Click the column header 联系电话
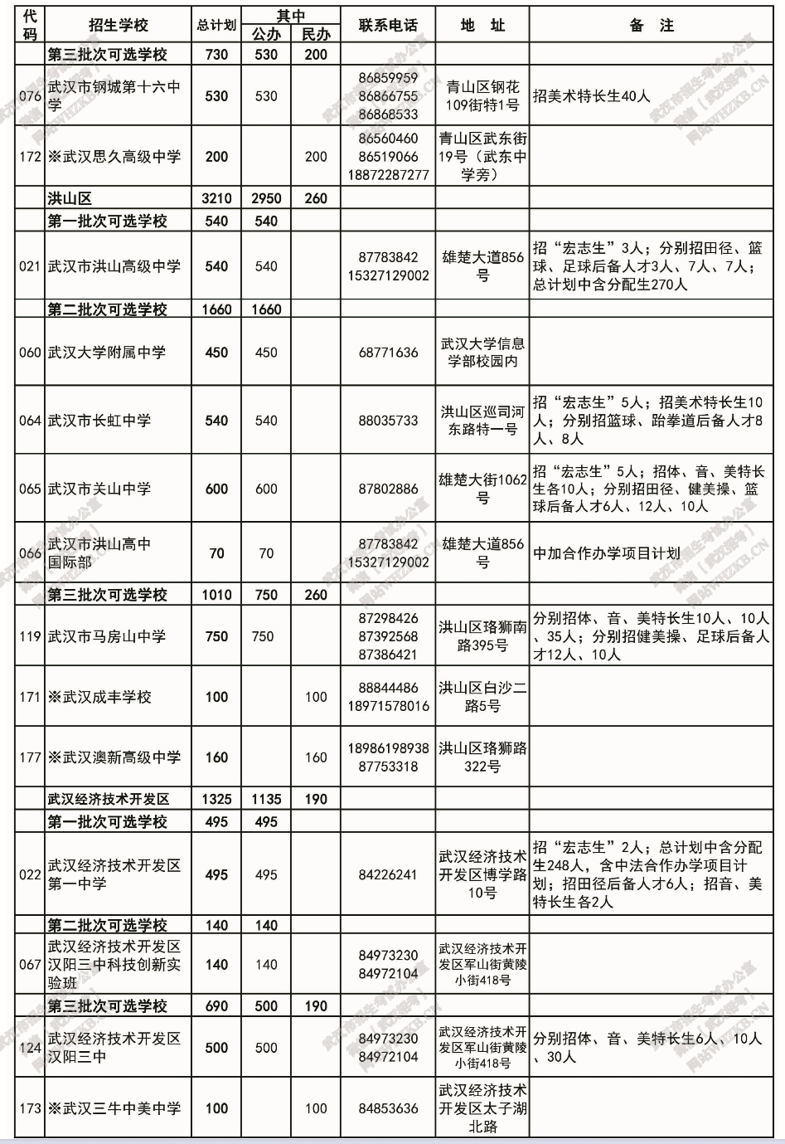click(x=387, y=25)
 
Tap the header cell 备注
click(x=652, y=25)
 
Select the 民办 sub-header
click(x=315, y=34)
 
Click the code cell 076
click(x=30, y=95)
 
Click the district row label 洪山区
click(x=70, y=198)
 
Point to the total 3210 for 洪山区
click(x=216, y=198)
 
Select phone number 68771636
click(x=388, y=353)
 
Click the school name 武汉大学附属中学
click(x=107, y=353)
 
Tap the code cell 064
click(x=30, y=421)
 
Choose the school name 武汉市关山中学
click(x=99, y=489)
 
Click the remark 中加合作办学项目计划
click(x=607, y=553)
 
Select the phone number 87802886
click(x=388, y=489)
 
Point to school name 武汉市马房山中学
click(x=107, y=636)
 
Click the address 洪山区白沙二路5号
click(x=482, y=697)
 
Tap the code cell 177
click(x=30, y=757)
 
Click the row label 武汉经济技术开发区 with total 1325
click(x=109, y=799)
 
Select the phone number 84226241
click(x=388, y=874)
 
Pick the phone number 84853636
click(x=388, y=1108)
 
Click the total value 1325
click(x=216, y=799)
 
